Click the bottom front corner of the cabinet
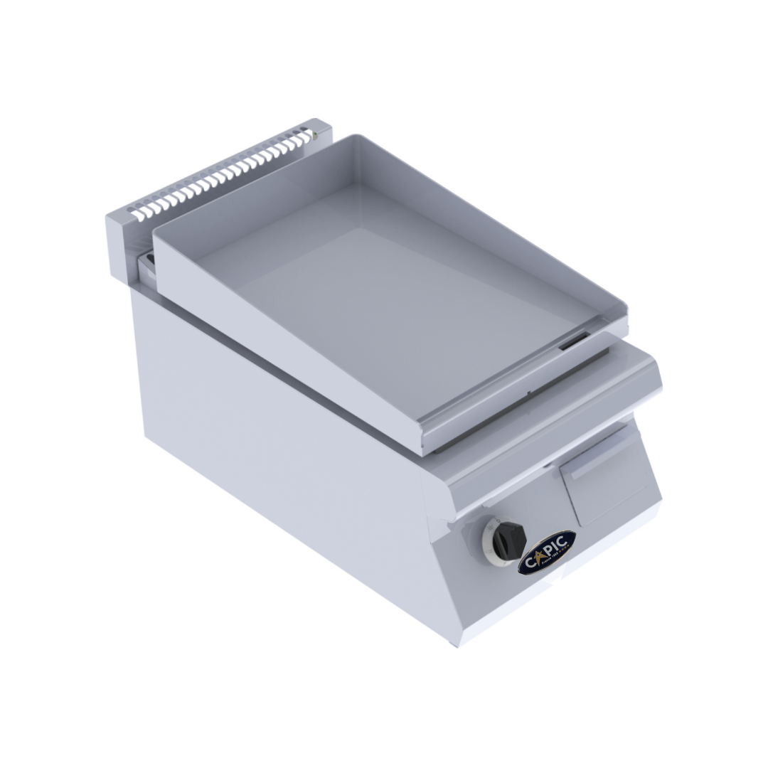tap(455, 644)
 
